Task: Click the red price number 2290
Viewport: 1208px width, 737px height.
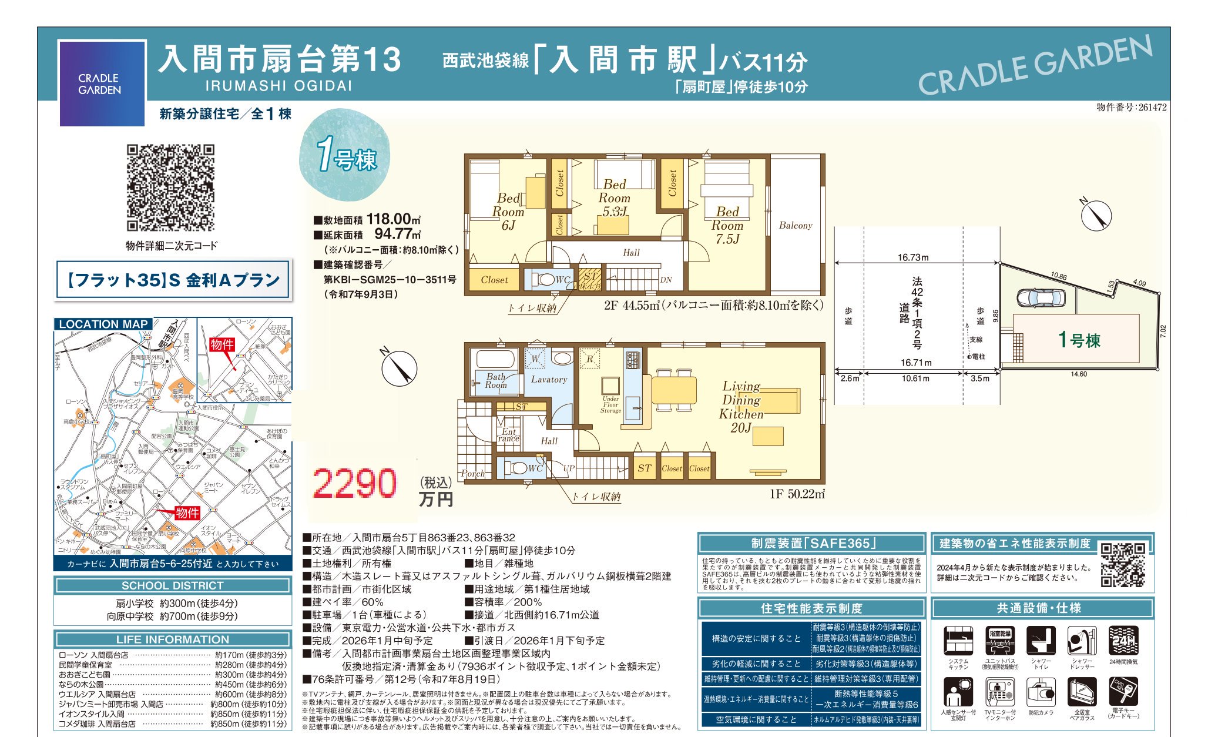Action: tap(354, 484)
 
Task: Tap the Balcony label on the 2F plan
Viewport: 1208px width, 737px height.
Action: tap(795, 225)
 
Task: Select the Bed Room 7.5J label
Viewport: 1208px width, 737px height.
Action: tap(727, 225)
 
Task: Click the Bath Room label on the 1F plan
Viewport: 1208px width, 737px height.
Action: tap(495, 381)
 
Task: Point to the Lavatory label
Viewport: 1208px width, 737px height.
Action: tap(549, 380)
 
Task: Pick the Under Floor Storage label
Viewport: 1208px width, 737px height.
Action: tap(610, 404)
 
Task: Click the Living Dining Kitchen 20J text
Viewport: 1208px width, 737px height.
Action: tap(741, 407)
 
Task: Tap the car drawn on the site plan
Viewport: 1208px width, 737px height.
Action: tap(1041, 297)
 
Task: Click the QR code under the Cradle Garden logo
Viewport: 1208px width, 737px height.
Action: tap(171, 188)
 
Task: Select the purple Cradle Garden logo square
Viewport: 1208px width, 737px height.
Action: tap(102, 83)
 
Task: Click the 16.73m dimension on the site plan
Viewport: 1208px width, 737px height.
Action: tap(912, 257)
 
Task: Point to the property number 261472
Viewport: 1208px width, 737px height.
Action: tap(1131, 107)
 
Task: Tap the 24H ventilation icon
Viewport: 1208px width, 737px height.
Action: tap(1123, 641)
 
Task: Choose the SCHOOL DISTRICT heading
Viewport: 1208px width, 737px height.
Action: tap(173, 585)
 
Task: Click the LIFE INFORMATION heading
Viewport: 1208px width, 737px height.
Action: tap(173, 639)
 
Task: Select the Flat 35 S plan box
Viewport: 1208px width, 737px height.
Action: tap(173, 280)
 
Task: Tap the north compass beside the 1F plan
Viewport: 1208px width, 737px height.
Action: tap(399, 368)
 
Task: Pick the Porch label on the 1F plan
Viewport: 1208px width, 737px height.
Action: tap(472, 474)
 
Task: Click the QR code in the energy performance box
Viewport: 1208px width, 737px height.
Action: tap(1122, 565)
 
